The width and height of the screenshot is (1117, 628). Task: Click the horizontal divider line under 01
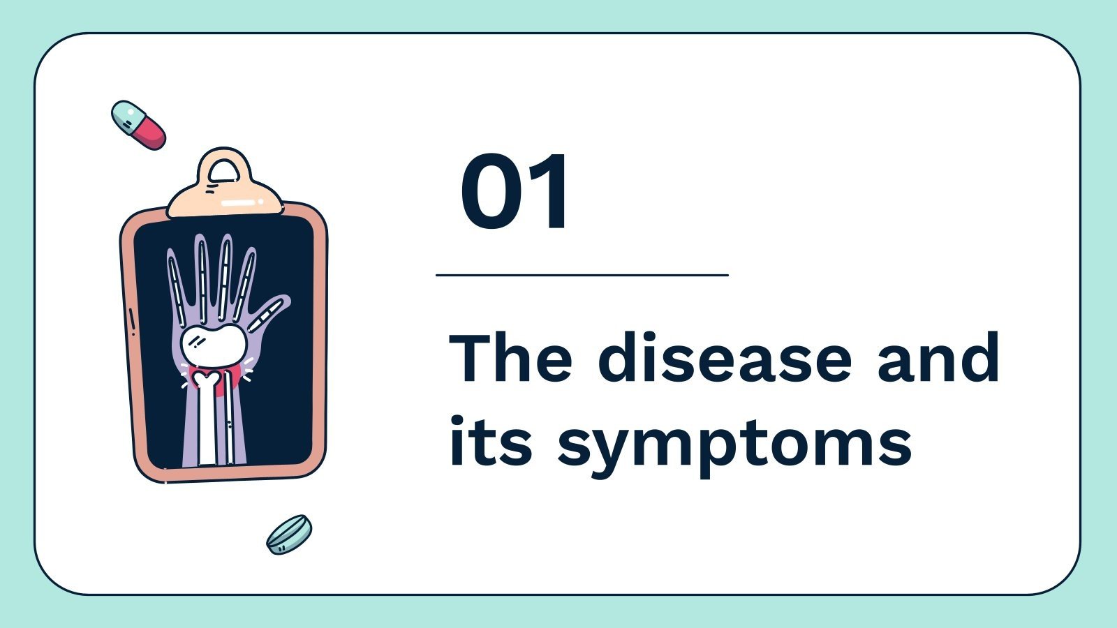[x=582, y=276]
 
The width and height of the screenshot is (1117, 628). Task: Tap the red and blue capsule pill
[x=139, y=125]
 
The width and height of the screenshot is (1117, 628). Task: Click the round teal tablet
[x=289, y=534]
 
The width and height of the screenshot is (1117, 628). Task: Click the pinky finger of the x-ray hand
[x=175, y=283]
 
